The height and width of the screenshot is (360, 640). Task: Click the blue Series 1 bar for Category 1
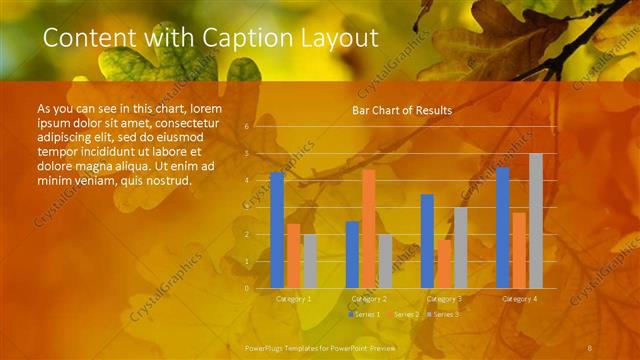coord(277,230)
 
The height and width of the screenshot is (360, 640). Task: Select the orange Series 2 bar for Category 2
coord(369,229)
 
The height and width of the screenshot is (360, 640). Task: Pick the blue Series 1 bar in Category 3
coord(427,241)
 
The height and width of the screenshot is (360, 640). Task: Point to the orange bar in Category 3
coord(444,263)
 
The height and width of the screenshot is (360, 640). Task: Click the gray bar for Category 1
coord(310,261)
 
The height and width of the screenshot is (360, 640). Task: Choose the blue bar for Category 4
coord(503,227)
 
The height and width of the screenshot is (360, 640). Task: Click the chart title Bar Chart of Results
coord(402,110)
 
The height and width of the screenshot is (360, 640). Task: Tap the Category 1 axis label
coord(293,299)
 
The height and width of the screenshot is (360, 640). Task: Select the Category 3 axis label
coord(444,299)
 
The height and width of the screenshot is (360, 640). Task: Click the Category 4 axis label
coord(519,299)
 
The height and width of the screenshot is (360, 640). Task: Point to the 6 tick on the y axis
coord(247,126)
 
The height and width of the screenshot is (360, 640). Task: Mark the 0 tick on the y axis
coord(247,288)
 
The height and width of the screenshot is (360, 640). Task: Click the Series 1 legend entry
coord(364,314)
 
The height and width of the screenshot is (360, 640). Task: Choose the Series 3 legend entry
coord(443,314)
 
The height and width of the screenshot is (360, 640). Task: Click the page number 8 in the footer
coord(591,346)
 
